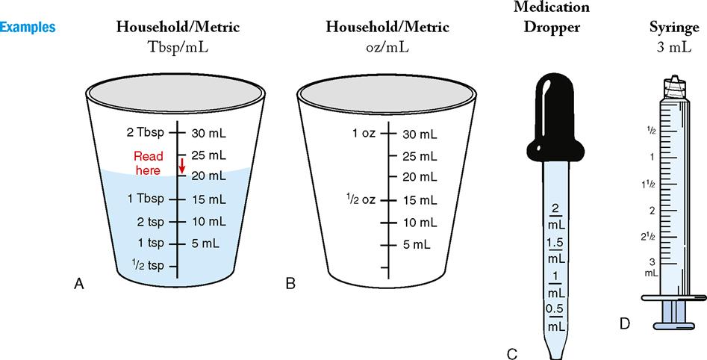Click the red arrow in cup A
(x=181, y=165)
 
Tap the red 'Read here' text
(x=147, y=164)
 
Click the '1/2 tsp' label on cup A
(x=146, y=265)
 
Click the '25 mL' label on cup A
(x=208, y=155)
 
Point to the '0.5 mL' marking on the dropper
(x=555, y=317)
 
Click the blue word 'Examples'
(x=28, y=28)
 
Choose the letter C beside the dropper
(x=511, y=353)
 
